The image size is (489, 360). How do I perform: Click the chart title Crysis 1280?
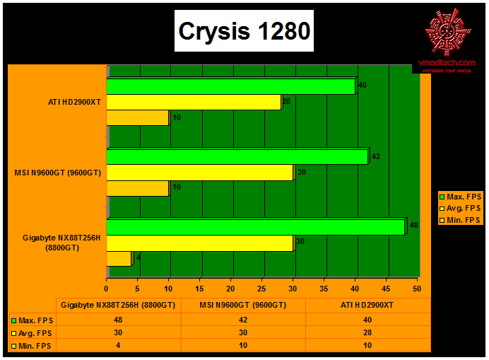(x=244, y=32)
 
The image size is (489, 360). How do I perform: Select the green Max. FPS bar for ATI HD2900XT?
(x=231, y=86)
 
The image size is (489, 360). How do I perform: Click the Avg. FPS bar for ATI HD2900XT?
(x=194, y=102)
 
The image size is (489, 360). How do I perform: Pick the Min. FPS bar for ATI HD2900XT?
(x=138, y=117)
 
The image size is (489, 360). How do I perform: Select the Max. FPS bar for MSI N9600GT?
(x=237, y=156)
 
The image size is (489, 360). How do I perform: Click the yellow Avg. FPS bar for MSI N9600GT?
(x=200, y=172)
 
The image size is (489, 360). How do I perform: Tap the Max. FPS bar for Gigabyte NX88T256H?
(x=256, y=226)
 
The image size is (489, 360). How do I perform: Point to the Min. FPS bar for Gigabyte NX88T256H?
(x=119, y=259)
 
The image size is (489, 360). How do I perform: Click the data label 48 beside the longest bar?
(x=415, y=226)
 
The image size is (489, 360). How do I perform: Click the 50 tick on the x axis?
(x=417, y=289)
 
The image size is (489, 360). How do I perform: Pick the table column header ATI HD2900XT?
(x=367, y=305)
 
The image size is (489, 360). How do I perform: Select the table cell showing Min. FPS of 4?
(x=119, y=345)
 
